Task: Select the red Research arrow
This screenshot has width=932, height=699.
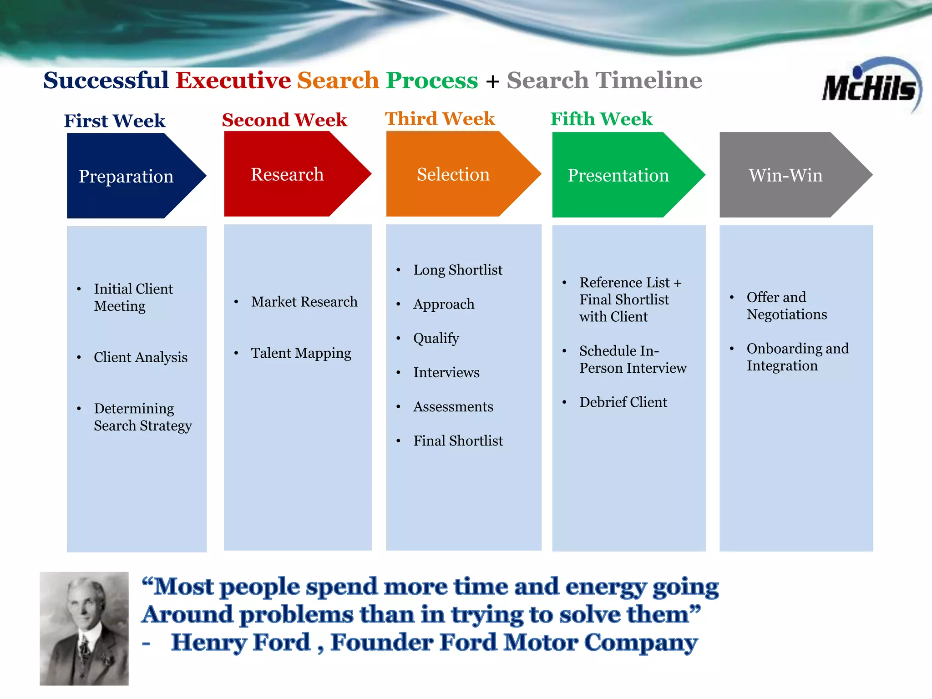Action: tap(288, 174)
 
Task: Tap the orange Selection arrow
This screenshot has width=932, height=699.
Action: tap(453, 174)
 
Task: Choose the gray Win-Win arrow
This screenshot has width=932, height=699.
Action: tap(785, 175)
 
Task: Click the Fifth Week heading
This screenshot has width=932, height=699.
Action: tap(601, 119)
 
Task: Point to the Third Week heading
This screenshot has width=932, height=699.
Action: tap(440, 119)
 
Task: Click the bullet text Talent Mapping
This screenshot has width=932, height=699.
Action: tap(301, 353)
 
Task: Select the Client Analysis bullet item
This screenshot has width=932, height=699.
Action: tap(141, 357)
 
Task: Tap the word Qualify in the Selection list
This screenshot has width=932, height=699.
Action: tap(436, 338)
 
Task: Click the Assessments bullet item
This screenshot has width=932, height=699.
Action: tap(453, 406)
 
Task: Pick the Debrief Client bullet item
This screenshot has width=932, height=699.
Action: tap(623, 402)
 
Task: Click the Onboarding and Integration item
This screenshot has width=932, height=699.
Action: tap(797, 357)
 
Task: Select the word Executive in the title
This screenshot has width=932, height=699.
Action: tap(233, 81)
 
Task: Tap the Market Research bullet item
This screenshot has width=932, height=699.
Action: tap(304, 302)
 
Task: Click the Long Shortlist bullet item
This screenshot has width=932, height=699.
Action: tap(458, 270)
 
